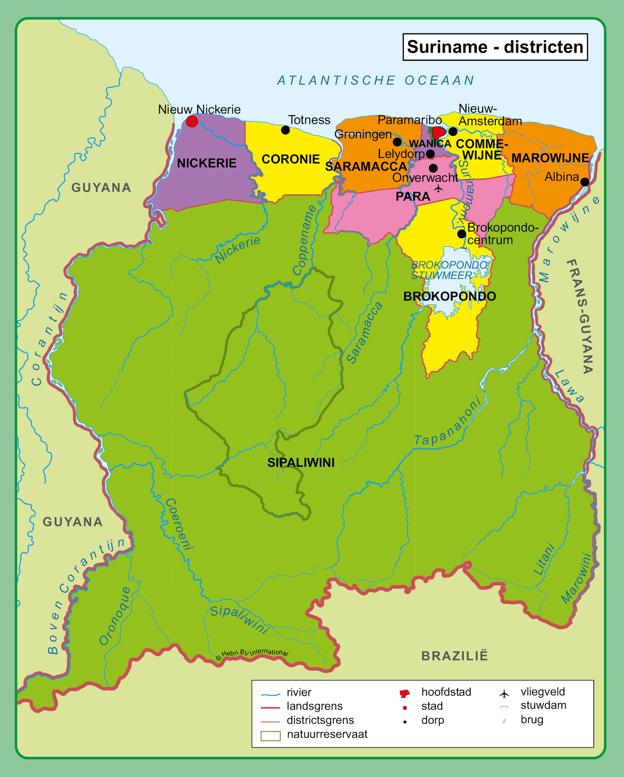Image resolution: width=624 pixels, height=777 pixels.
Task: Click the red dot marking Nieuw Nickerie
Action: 192,122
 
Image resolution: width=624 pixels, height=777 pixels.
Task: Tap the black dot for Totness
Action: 285,130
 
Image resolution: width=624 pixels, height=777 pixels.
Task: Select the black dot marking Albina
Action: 585,182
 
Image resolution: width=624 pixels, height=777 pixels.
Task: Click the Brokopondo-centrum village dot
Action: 462,234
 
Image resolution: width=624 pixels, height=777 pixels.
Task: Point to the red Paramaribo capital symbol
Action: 438,131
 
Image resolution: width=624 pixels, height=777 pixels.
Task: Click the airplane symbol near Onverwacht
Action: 439,188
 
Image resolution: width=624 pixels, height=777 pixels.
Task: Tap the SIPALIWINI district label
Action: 301,463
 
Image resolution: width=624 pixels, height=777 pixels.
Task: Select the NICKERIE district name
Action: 207,163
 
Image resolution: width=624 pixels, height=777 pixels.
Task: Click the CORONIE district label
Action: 291,159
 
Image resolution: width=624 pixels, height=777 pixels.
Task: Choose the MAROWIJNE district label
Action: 550,158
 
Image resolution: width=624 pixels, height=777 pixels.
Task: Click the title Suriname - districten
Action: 495,47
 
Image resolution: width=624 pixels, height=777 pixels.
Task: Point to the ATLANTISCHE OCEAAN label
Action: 376,80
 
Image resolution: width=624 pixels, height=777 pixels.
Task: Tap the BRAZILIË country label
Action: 455,656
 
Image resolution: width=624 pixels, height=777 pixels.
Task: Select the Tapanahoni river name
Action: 448,421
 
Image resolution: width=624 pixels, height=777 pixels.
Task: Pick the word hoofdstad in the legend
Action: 446,692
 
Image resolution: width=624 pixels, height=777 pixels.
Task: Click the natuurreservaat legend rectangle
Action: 271,736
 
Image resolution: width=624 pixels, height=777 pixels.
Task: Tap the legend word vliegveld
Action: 542,691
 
